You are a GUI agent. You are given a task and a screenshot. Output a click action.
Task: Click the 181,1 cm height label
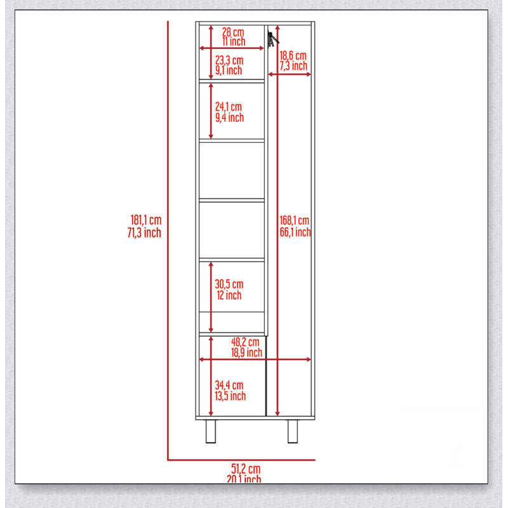click(x=146, y=220)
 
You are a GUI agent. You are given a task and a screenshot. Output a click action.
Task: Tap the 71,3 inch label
click(x=144, y=232)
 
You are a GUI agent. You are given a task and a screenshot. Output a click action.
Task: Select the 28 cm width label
click(x=233, y=32)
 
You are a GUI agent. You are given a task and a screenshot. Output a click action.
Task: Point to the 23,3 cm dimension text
click(x=229, y=60)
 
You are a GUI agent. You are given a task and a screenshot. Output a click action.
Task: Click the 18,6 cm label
click(x=293, y=56)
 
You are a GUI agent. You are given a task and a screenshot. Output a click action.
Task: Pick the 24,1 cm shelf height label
click(x=229, y=107)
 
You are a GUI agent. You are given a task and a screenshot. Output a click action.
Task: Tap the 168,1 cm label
click(x=294, y=220)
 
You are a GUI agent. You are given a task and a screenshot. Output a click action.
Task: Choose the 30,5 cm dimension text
click(x=229, y=284)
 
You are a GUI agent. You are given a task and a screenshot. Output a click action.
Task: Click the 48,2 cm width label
click(x=245, y=342)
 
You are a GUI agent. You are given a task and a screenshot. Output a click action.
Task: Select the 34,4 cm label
click(x=229, y=385)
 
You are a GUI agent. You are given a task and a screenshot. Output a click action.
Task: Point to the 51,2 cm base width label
click(x=246, y=469)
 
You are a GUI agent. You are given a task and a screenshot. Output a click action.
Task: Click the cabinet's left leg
click(x=211, y=431)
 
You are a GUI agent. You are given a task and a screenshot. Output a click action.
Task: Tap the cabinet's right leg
click(x=293, y=431)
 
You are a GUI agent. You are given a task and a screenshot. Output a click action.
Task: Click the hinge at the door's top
click(x=272, y=39)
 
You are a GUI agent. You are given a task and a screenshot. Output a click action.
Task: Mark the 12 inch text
click(x=229, y=295)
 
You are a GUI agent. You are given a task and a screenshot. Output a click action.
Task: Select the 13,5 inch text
click(x=230, y=396)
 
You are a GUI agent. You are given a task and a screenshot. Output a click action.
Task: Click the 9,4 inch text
click(x=229, y=117)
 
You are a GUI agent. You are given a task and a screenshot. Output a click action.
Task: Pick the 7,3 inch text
click(x=293, y=66)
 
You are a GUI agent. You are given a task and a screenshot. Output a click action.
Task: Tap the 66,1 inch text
click(x=295, y=232)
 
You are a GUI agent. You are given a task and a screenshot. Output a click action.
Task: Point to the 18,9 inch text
click(x=246, y=352)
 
